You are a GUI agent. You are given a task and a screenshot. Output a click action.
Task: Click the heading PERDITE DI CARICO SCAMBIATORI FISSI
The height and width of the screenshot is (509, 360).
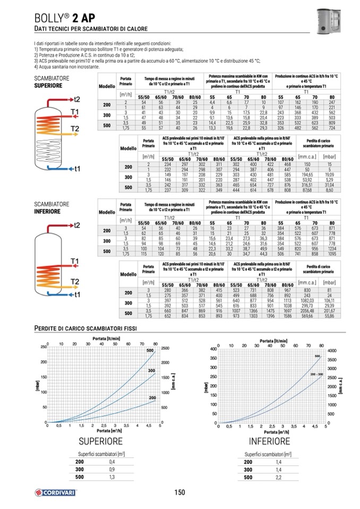[85, 328]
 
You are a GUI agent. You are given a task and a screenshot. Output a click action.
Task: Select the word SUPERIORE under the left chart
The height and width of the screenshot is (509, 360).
[100, 441]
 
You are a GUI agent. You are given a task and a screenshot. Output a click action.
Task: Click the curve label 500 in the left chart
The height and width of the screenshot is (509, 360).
[150, 351]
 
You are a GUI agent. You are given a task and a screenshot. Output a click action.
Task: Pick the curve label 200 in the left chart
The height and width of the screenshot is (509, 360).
[152, 398]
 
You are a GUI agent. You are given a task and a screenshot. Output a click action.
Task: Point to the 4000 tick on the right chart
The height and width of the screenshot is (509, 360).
[332, 351]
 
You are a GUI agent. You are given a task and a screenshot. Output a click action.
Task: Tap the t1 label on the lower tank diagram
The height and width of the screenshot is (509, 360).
[77, 294]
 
